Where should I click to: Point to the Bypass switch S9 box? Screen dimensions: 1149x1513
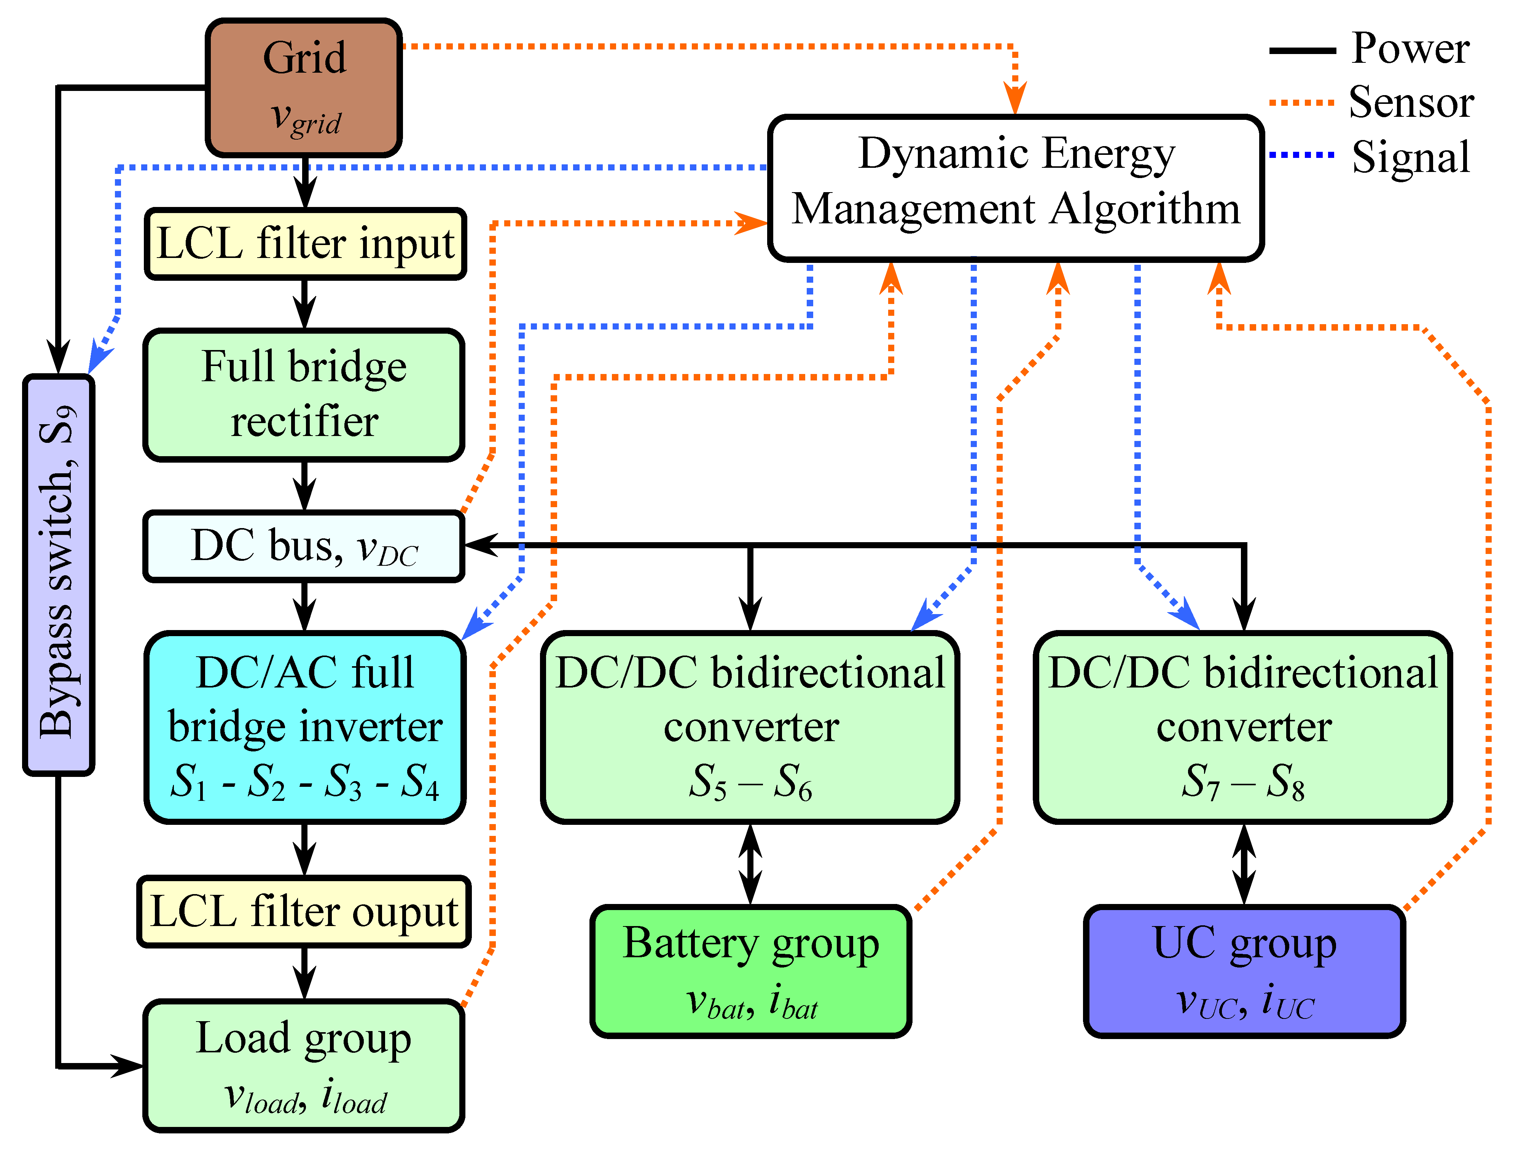(x=59, y=574)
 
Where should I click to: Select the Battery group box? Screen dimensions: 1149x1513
(x=750, y=971)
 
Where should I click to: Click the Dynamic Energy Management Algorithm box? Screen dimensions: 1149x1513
(x=1016, y=188)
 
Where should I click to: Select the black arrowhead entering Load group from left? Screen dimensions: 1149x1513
(x=129, y=1066)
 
